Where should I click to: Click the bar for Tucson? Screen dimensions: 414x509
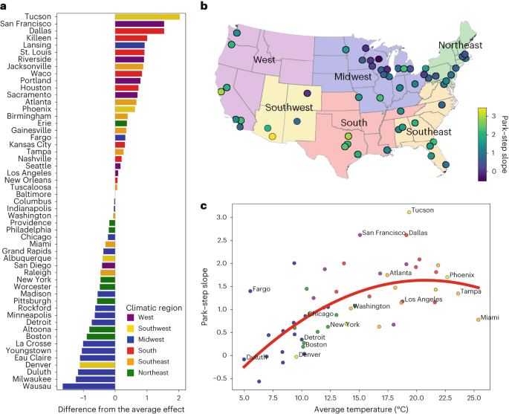147,16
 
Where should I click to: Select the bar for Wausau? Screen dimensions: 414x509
88,386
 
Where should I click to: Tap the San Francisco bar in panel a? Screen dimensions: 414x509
139,24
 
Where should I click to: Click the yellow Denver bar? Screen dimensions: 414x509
97,365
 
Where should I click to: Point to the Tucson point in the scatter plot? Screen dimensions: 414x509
409,212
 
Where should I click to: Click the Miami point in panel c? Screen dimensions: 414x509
478,320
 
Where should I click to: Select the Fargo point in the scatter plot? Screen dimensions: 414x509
250,291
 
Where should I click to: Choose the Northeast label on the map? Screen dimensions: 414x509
460,45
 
